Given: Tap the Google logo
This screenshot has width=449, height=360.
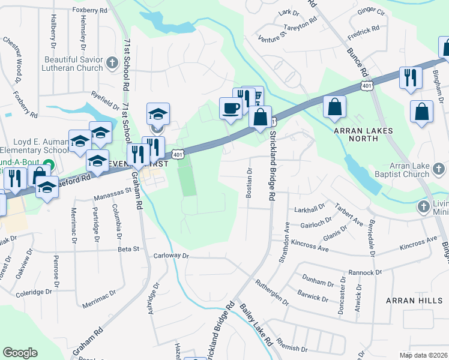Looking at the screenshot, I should (x=20, y=353).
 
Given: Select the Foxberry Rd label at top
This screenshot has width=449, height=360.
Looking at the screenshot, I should (x=89, y=10).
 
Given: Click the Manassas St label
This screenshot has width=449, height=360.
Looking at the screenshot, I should (x=113, y=194).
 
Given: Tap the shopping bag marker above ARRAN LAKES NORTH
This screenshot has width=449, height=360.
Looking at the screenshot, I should (x=334, y=107).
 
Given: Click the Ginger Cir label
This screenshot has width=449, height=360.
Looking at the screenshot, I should (x=371, y=11).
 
